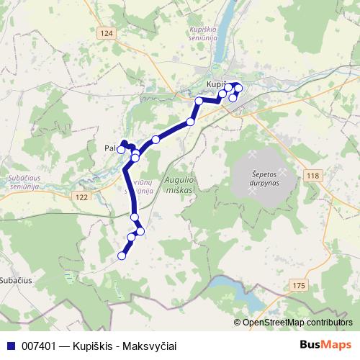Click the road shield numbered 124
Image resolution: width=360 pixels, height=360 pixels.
tap(107, 34)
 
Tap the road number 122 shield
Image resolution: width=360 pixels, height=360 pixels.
tap(81, 197)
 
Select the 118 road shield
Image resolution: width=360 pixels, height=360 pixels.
tap(312, 176)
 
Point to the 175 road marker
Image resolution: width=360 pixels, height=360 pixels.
tap(299, 286)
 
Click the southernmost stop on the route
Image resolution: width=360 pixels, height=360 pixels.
tap(122, 255)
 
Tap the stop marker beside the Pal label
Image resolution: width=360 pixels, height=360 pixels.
tap(121, 150)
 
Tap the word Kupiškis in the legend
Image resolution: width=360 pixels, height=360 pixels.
tap(93, 346)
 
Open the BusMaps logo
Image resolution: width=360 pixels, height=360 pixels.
tap(325, 346)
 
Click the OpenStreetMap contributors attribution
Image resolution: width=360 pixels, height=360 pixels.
tap(297, 323)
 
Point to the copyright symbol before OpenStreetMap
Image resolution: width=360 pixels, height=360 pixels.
tap(238, 323)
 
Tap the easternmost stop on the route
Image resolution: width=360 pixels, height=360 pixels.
tap(238, 89)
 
